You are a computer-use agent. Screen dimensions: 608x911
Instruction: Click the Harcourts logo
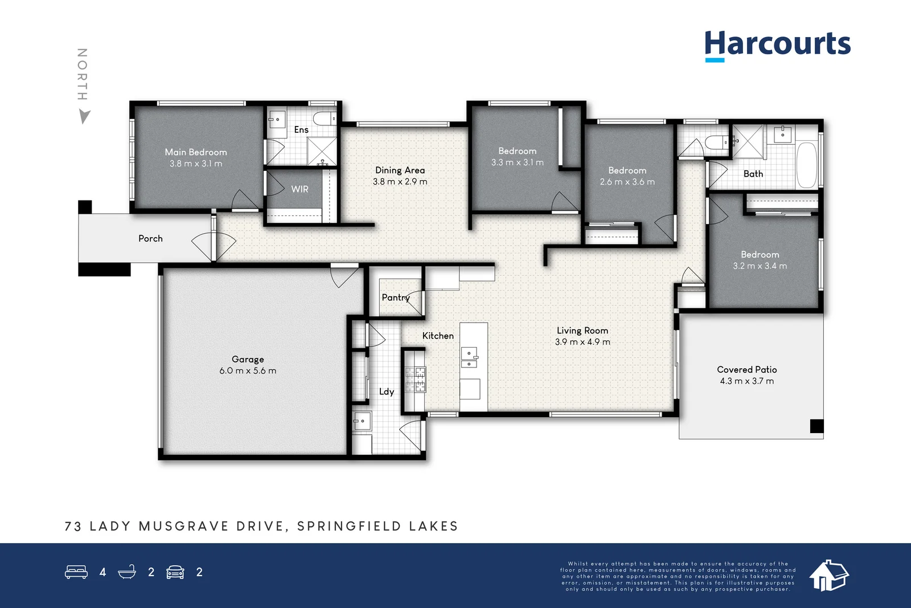[777, 44]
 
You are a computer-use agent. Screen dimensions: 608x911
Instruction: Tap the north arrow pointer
[84, 117]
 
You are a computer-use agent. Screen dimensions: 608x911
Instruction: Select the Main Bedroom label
[196, 152]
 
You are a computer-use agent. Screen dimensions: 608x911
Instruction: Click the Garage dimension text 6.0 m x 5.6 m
[248, 371]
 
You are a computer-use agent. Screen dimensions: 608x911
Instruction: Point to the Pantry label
[395, 297]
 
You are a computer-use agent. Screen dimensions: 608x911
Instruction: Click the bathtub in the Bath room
[806, 165]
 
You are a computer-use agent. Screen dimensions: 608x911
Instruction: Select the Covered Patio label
[746, 370]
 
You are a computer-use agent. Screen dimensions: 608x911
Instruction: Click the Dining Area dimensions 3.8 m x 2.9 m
[400, 182]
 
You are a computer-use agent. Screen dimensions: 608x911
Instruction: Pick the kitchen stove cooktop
[415, 380]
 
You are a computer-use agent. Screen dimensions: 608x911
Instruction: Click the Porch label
[150, 239]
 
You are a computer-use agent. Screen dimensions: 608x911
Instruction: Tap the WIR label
[299, 189]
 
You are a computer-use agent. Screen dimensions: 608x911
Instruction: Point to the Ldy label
[386, 392]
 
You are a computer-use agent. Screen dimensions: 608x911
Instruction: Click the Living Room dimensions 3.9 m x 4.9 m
[582, 342]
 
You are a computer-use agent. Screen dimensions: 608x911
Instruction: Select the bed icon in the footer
[76, 572]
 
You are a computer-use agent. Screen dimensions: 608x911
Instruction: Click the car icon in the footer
[175, 572]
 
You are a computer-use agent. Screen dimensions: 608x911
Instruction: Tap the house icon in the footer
[828, 575]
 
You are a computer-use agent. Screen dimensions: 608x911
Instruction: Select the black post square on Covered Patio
[816, 426]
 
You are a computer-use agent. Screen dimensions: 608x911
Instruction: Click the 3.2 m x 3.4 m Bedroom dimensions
[760, 266]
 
